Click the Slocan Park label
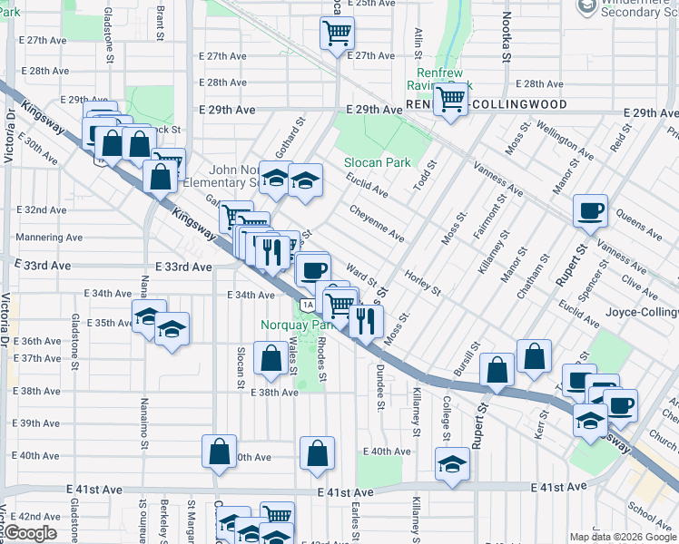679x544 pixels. pos(377,163)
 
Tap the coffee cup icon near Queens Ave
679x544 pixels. pos(590,210)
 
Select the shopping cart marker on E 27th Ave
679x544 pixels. pos(337,34)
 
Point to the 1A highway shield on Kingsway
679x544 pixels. pos(309,305)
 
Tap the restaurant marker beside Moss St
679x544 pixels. pos(366,320)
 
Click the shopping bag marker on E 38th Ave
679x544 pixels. pos(271,358)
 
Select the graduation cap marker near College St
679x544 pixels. pos(452,464)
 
